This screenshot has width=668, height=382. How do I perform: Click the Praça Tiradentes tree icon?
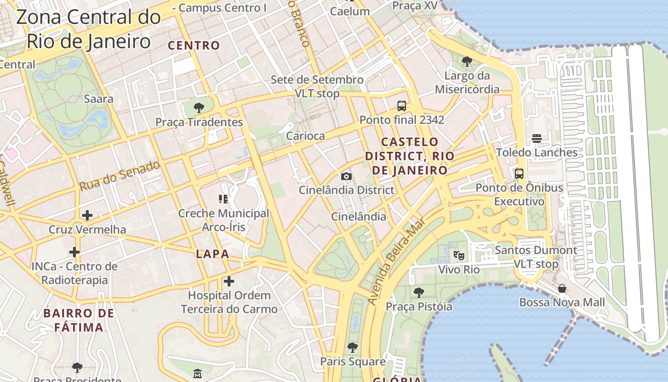click(x=199, y=107)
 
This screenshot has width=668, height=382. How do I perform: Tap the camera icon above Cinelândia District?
click(x=346, y=176)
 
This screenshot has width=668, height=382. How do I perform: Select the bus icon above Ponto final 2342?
click(x=402, y=106)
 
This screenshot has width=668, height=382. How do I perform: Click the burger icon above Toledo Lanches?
click(x=537, y=138)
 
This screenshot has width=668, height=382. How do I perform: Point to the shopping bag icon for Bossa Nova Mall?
click(x=562, y=288)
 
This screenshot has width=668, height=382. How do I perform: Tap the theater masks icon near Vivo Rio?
click(x=459, y=255)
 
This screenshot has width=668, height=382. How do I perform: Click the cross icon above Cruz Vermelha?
click(x=87, y=215)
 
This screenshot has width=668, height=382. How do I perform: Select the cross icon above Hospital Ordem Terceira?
click(x=229, y=281)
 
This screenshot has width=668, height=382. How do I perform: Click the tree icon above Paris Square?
click(x=353, y=348)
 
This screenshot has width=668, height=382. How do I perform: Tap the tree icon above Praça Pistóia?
click(x=419, y=292)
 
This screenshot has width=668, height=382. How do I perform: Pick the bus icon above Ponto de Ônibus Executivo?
click(x=519, y=174)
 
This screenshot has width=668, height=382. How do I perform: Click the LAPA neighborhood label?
click(x=212, y=254)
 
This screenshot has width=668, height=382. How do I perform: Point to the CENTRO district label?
click(x=194, y=46)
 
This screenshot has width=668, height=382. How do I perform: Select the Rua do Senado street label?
click(x=119, y=176)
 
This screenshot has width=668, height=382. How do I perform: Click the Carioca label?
click(x=305, y=136)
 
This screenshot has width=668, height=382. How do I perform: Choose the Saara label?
click(x=98, y=99)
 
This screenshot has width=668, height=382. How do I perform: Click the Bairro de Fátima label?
click(x=79, y=320)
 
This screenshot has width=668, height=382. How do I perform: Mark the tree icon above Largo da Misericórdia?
click(x=467, y=62)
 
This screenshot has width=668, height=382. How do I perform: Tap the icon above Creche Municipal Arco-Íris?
click(x=223, y=199)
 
